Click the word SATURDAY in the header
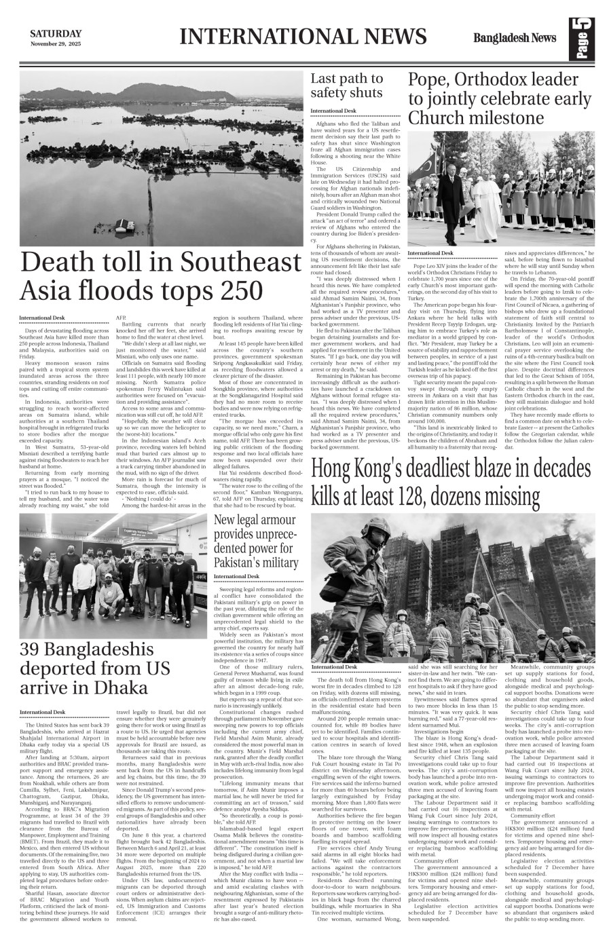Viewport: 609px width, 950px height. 56,34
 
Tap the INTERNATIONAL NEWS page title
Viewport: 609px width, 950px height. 303,37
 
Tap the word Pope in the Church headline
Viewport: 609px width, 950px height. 431,80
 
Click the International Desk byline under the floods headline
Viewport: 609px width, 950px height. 42,318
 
